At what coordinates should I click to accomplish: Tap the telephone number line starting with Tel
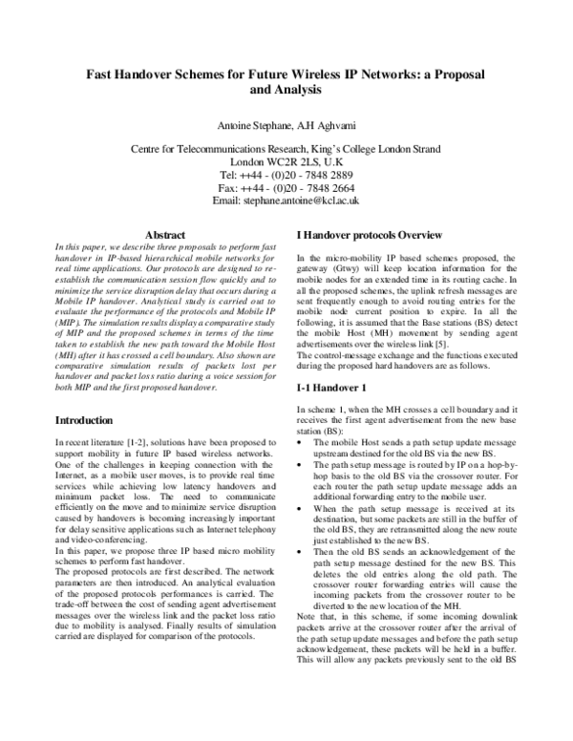[286, 177]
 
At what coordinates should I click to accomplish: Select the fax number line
[286, 189]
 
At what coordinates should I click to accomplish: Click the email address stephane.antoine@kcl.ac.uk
[286, 202]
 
